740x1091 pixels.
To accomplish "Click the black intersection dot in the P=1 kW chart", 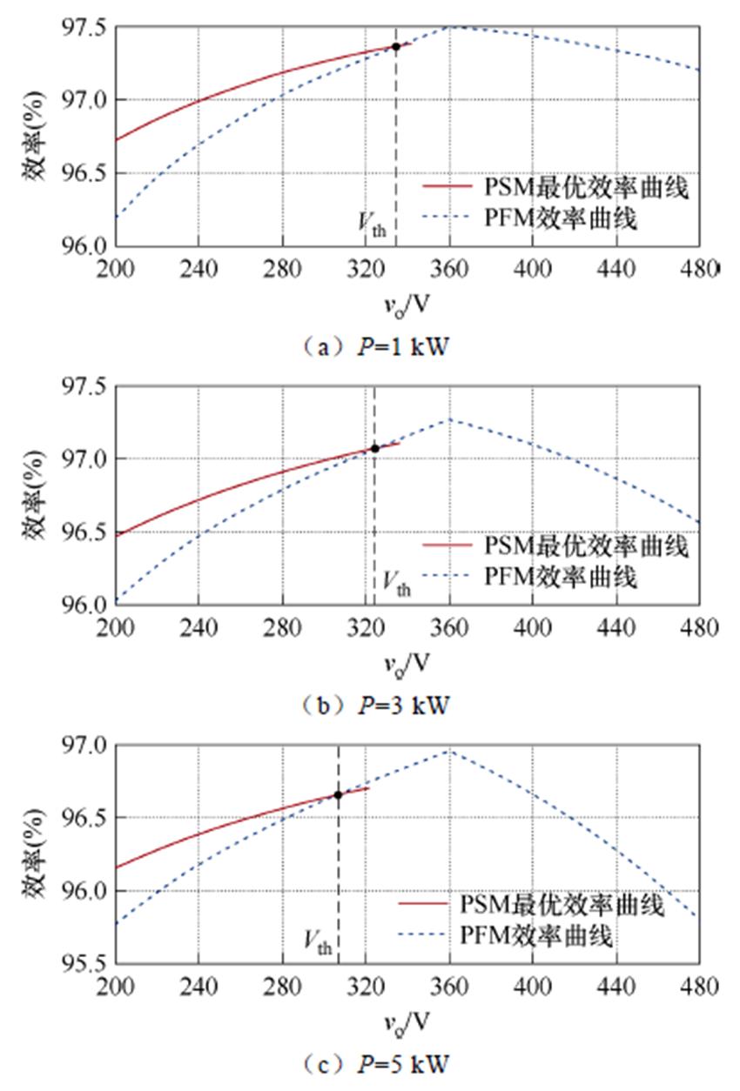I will point(396,46).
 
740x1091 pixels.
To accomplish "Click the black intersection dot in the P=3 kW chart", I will point(375,448).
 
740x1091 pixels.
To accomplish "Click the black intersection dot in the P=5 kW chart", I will point(338,794).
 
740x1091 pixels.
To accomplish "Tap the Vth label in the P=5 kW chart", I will point(318,940).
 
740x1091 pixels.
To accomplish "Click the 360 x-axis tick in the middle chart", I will point(449,626).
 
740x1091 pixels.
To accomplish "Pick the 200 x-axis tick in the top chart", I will point(114,267).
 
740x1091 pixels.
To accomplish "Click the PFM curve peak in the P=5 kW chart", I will point(449,749).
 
